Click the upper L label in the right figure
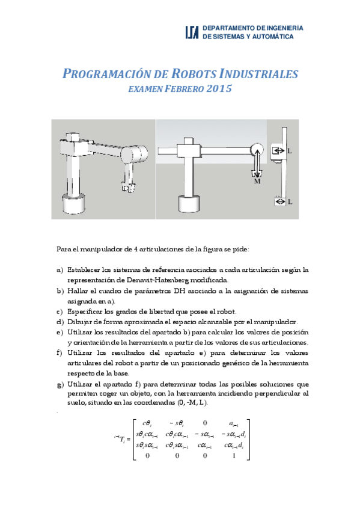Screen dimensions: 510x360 pos(290,152)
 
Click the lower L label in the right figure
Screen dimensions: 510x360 pos(290,202)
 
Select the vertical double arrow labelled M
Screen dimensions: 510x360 pos(257,164)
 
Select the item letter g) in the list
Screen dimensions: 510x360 pos(59,383)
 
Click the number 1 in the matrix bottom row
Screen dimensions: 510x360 pos(233,455)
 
